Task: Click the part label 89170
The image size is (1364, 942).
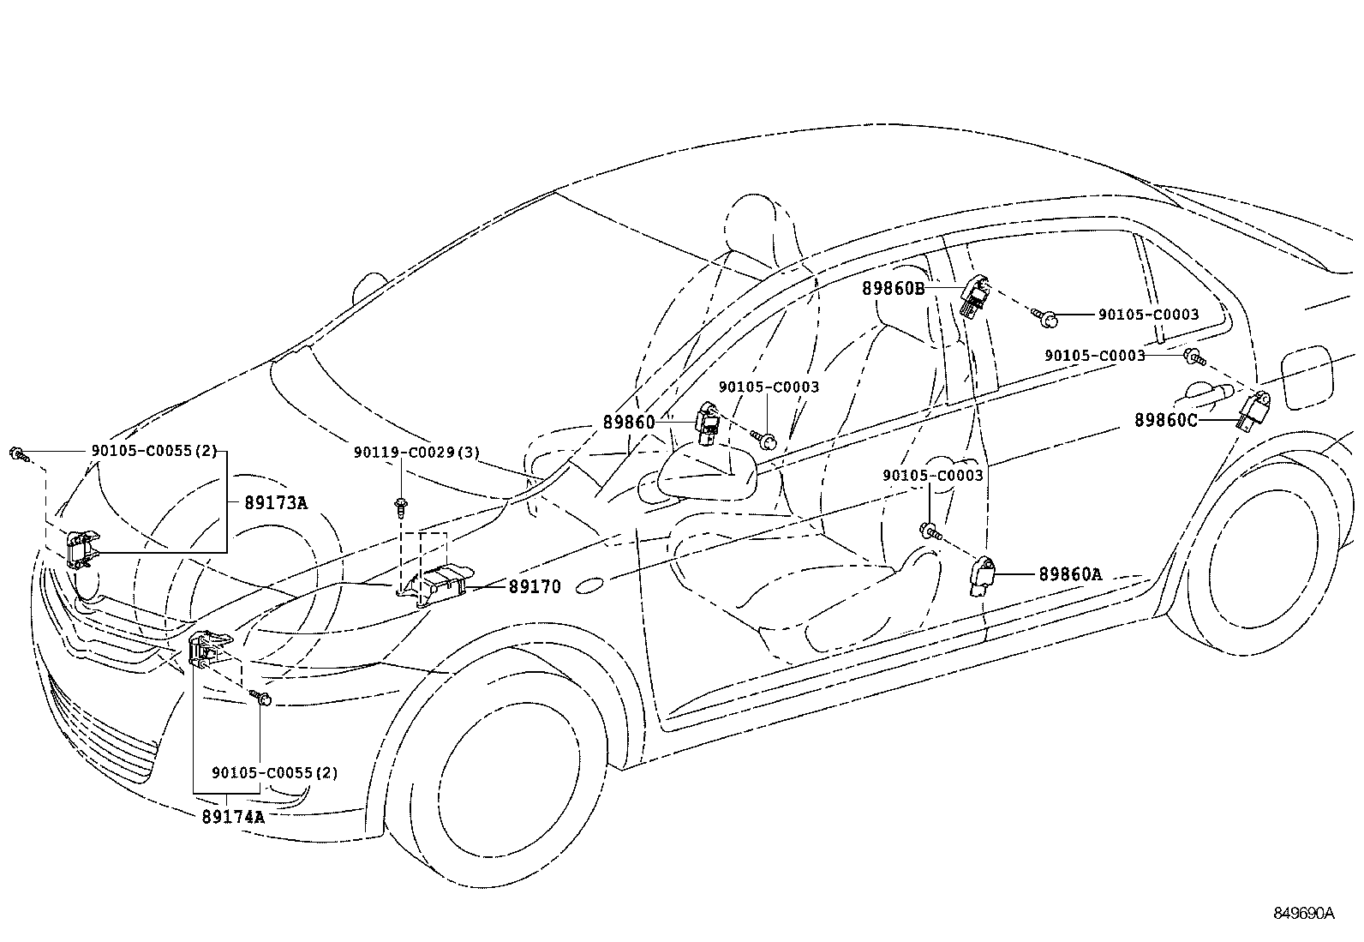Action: (x=535, y=587)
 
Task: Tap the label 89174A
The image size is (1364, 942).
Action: (x=233, y=817)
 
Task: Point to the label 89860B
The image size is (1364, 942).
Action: (x=893, y=289)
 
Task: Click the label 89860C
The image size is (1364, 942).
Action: (x=1166, y=420)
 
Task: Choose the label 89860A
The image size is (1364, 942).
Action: (x=1070, y=574)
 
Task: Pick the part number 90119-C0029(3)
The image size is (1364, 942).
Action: (x=416, y=452)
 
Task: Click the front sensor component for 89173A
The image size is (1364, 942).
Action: (x=81, y=549)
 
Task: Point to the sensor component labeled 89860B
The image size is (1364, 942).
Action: (x=975, y=297)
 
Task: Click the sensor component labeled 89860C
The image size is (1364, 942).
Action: (x=1253, y=412)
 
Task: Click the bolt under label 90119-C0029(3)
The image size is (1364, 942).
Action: (x=400, y=507)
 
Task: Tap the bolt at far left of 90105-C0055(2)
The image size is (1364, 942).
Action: (x=18, y=453)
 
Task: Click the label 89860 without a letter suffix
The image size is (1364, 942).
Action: (x=629, y=422)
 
